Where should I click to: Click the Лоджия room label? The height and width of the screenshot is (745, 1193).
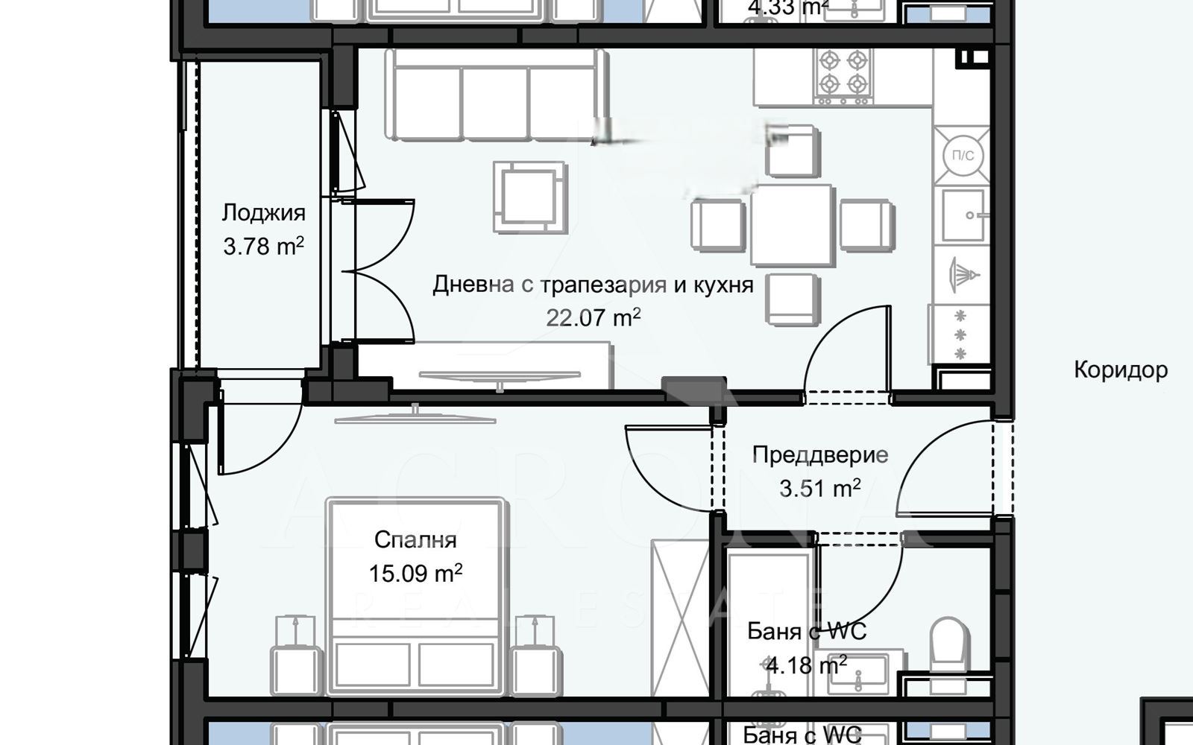[263, 213]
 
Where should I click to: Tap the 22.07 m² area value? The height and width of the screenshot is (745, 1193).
[593, 318]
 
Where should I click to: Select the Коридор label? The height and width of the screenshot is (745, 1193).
[1120, 370]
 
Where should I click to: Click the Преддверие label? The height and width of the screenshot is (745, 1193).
[819, 454]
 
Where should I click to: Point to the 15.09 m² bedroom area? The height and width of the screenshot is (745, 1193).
[415, 573]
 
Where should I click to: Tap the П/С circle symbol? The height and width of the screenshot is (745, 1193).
[963, 156]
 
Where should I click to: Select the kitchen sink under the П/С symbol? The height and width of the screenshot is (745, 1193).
[962, 215]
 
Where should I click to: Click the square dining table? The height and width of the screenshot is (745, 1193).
[791, 226]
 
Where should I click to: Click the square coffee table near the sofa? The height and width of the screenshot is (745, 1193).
[530, 197]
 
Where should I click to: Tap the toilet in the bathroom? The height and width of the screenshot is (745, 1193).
[950, 644]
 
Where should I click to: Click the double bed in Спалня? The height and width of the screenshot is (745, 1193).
[415, 596]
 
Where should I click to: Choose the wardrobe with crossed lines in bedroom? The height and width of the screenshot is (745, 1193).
[679, 618]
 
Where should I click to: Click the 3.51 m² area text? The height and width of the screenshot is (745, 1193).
[819, 489]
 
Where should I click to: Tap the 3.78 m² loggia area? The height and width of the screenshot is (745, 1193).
[263, 246]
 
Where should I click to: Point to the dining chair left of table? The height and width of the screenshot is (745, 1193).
[717, 224]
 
